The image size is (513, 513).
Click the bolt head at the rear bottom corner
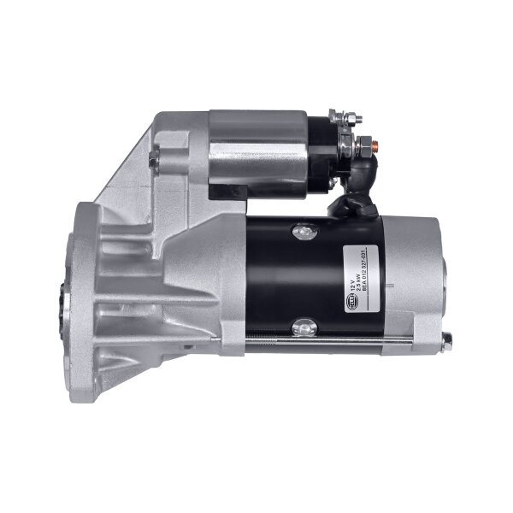point(446,340)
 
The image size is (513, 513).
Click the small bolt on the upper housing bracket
point(153,159)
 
